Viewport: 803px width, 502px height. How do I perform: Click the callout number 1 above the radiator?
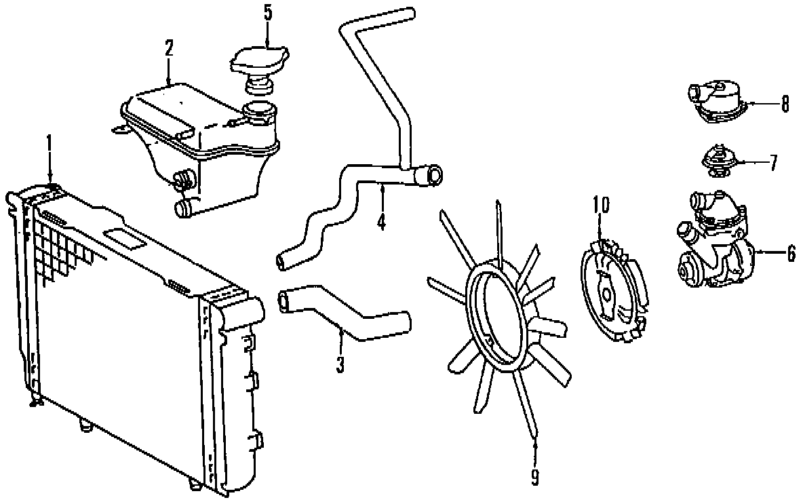coord(49,142)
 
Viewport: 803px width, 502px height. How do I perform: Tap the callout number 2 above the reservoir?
coord(169,47)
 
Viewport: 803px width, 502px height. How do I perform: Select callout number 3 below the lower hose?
coord(340,364)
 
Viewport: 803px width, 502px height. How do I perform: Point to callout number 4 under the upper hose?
coord(382,221)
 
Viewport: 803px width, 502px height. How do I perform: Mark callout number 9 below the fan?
coord(535,478)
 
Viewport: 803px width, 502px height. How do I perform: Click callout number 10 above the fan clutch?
coord(601,204)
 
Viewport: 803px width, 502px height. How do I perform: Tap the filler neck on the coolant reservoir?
coord(259,111)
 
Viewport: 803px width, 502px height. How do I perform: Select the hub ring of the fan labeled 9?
coord(501,319)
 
